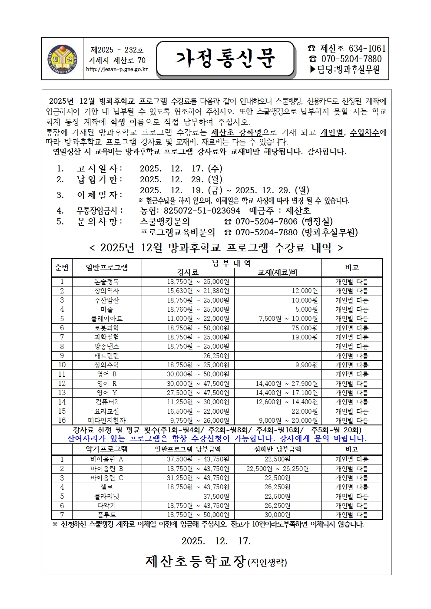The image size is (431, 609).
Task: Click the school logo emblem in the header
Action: (62, 59)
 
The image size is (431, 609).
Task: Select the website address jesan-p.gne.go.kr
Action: (117, 69)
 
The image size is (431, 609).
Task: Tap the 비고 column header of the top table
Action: (351, 268)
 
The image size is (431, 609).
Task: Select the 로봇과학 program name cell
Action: (106, 328)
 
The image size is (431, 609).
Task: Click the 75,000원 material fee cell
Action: (305, 328)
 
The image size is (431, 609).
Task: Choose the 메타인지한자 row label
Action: (106, 420)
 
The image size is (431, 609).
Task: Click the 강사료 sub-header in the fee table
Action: (188, 273)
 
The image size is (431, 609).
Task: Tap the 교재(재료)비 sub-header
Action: (277, 273)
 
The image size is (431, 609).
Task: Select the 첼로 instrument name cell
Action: (106, 487)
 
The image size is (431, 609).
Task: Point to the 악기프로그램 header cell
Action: (106, 449)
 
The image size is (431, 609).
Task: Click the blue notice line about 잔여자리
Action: (217, 438)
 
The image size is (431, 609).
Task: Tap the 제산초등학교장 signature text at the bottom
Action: (196, 562)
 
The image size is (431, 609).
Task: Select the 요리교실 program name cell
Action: (106, 411)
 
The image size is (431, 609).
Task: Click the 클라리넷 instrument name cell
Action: (106, 496)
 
